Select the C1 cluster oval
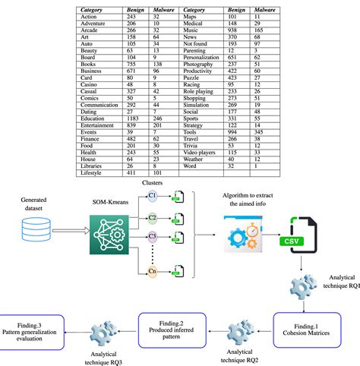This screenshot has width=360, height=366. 153,196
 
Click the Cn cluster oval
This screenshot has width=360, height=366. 153,270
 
